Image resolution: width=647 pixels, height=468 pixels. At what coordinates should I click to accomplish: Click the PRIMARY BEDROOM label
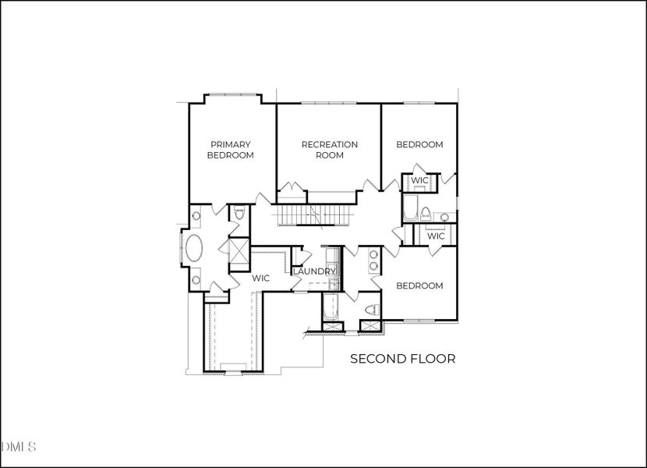[x=230, y=150]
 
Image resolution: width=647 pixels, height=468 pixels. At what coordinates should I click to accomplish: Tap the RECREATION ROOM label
[x=329, y=150]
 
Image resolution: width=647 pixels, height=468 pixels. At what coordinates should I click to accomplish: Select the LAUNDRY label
[x=314, y=271]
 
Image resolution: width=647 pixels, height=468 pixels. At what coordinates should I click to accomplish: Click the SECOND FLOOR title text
[x=402, y=359]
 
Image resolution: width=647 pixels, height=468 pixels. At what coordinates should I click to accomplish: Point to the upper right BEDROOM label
[x=419, y=144]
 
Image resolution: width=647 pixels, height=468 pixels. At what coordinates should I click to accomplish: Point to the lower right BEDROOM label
[x=419, y=285]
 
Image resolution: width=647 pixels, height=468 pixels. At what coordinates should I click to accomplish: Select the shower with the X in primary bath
[x=237, y=251]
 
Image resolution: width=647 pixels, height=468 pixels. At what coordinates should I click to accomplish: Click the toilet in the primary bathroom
[x=240, y=213]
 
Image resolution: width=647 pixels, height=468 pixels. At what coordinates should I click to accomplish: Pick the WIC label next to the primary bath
[x=260, y=278]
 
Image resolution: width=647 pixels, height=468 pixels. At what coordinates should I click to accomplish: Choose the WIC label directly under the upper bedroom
[x=419, y=181]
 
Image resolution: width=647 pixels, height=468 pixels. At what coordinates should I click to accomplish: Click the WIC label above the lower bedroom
[x=435, y=236]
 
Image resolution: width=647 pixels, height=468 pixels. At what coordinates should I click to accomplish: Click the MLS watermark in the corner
[x=19, y=447]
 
